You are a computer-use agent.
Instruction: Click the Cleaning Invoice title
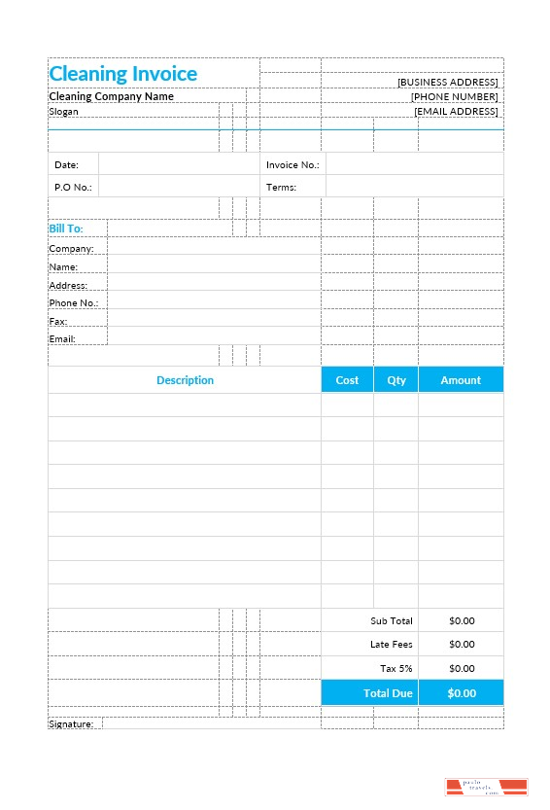coord(122,74)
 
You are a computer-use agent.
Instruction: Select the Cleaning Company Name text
coord(111,96)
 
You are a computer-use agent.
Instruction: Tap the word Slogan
coord(63,111)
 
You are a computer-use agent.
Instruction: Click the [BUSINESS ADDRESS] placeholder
coord(447,83)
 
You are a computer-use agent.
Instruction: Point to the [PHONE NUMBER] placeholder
coord(454,96)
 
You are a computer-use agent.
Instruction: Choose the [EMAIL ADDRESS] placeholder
coord(456,111)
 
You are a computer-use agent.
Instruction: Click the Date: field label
coord(66,165)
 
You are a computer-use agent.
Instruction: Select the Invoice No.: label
coord(292,165)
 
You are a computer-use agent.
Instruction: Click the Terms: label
coord(281,187)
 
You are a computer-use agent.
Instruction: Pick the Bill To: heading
coord(65,229)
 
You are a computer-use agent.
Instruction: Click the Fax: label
coord(58,321)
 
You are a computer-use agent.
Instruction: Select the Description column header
coord(185,380)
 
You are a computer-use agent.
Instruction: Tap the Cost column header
coord(347,380)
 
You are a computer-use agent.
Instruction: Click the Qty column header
coord(396,380)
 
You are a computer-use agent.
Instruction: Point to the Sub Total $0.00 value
coord(462,620)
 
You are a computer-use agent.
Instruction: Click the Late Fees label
coord(392,644)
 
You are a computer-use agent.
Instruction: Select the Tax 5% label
coord(395,668)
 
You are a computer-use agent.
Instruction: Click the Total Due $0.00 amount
coord(462,693)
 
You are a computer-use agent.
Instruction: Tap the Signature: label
coord(71,724)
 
